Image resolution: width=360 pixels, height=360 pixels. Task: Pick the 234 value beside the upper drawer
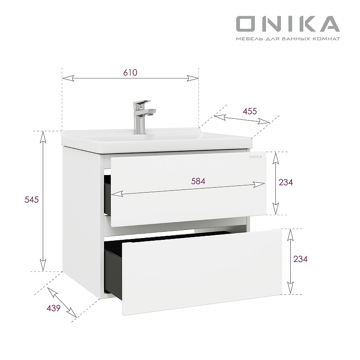click(x=286, y=182)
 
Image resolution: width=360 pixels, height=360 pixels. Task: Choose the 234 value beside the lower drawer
click(x=300, y=259)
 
